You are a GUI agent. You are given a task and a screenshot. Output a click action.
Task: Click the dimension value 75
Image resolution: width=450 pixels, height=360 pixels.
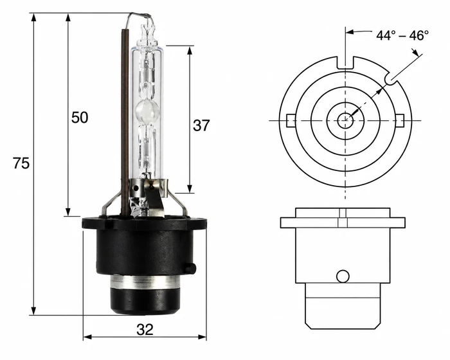coord(21,163)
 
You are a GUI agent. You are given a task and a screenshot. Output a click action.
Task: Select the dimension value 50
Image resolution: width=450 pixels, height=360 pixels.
coord(80,118)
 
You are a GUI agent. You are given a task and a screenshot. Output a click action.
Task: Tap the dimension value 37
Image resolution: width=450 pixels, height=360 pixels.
coord(201,125)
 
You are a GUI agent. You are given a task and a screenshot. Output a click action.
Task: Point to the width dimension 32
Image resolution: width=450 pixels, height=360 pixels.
coord(145,330)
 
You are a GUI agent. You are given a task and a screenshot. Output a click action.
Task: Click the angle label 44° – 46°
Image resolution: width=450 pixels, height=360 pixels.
coord(402,35)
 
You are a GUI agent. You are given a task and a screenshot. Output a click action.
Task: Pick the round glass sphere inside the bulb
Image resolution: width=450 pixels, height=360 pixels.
coord(147,111)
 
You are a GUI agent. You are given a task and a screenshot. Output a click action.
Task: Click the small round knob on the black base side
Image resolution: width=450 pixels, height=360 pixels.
coord(190,268)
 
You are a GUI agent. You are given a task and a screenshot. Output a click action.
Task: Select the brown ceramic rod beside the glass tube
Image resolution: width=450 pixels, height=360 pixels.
coord(125,122)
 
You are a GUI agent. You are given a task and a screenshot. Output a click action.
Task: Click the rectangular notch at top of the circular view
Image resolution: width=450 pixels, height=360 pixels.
coord(345,63)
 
